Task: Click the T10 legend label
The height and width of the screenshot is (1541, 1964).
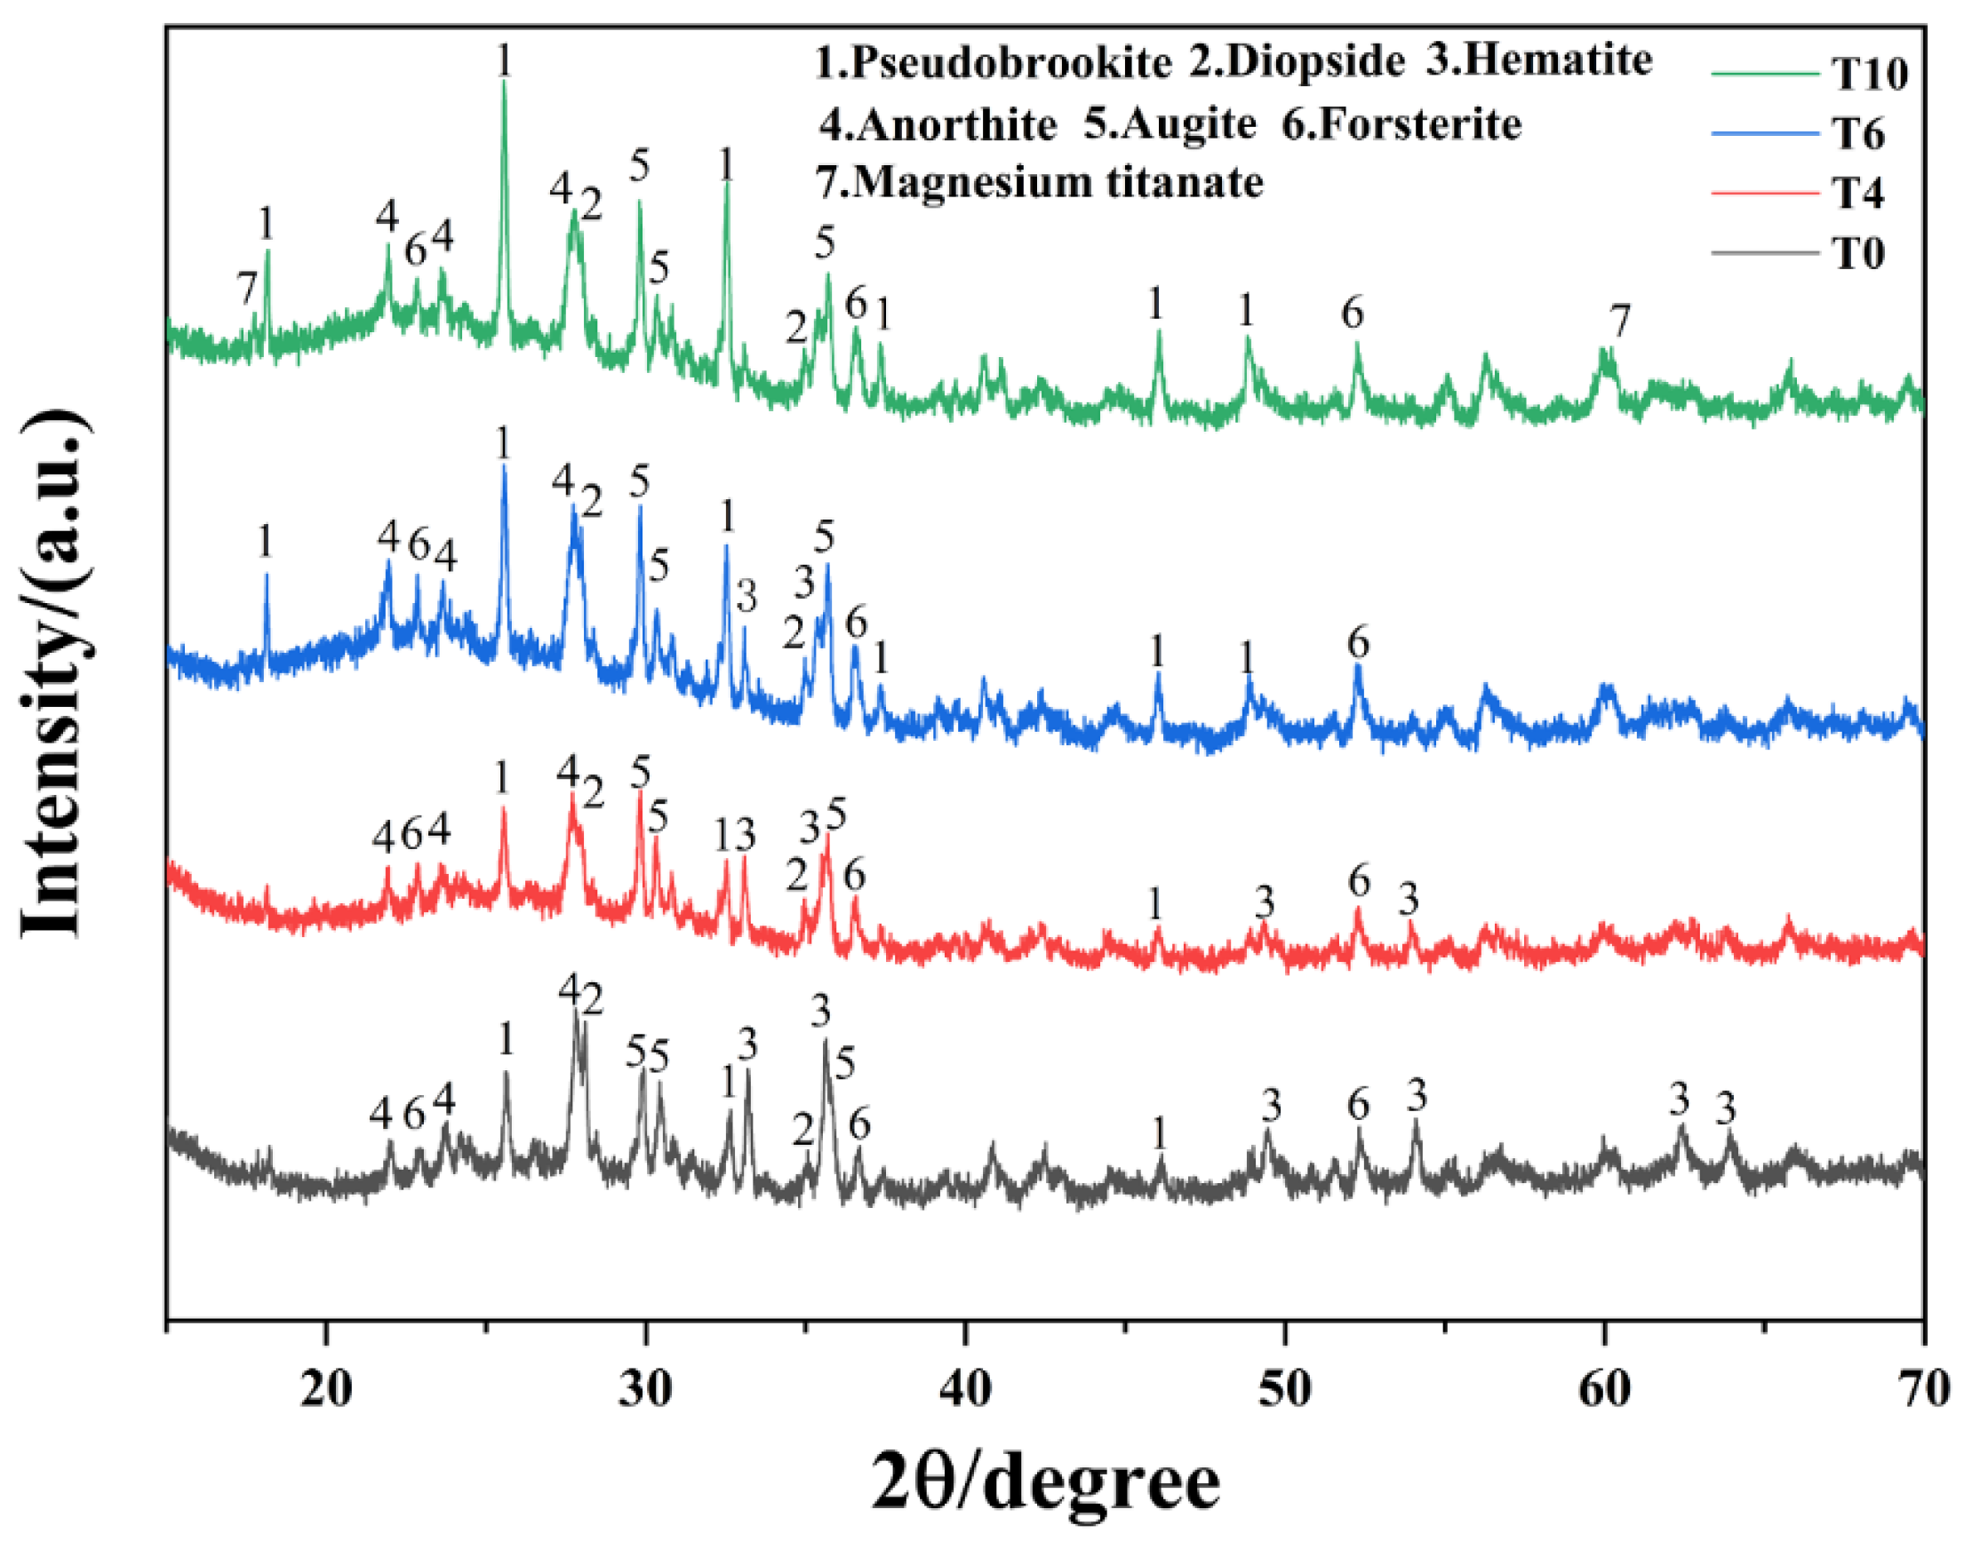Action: click(x=1868, y=74)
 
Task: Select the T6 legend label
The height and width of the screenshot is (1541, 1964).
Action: click(x=1857, y=134)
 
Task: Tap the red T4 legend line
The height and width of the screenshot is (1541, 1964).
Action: click(x=1764, y=193)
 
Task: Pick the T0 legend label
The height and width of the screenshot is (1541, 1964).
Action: click(x=1857, y=253)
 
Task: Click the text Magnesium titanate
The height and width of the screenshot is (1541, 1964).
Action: click(x=1057, y=182)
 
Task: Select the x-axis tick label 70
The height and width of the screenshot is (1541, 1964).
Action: click(x=1922, y=1389)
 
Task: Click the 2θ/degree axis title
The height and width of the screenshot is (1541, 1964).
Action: click(x=1045, y=1483)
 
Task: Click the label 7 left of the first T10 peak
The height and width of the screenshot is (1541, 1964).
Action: click(x=247, y=290)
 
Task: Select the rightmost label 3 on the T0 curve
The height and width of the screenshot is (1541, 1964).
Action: click(x=1725, y=1108)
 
